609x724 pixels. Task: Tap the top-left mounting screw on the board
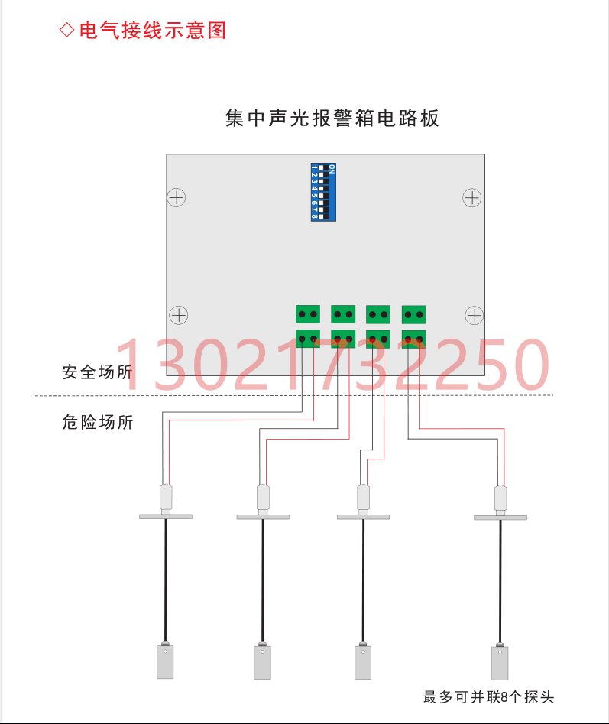pyautogui.click(x=177, y=197)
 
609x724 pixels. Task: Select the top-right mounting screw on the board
pyautogui.click(x=472, y=198)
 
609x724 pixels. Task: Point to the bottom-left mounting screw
pyautogui.click(x=178, y=315)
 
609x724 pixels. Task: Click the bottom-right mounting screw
pyautogui.click(x=475, y=315)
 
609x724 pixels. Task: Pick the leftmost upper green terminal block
pyautogui.click(x=308, y=313)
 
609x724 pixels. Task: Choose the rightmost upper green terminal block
pyautogui.click(x=413, y=313)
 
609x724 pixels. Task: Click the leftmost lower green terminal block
pyautogui.click(x=308, y=338)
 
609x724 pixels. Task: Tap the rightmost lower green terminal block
pyautogui.click(x=413, y=338)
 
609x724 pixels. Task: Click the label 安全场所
pyautogui.click(x=97, y=373)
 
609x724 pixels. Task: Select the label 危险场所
pyautogui.click(x=97, y=421)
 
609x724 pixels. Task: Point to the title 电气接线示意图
pyautogui.click(x=153, y=31)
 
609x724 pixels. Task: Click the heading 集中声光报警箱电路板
pyautogui.click(x=332, y=119)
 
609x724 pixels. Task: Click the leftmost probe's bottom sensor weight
pyautogui.click(x=164, y=661)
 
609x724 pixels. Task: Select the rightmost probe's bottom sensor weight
pyautogui.click(x=500, y=663)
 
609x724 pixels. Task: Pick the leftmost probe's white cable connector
pyautogui.click(x=165, y=498)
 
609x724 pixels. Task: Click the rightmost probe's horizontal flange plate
pyautogui.click(x=500, y=518)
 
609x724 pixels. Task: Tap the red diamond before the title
pyautogui.click(x=67, y=31)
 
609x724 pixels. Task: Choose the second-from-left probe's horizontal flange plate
pyautogui.click(x=263, y=517)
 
